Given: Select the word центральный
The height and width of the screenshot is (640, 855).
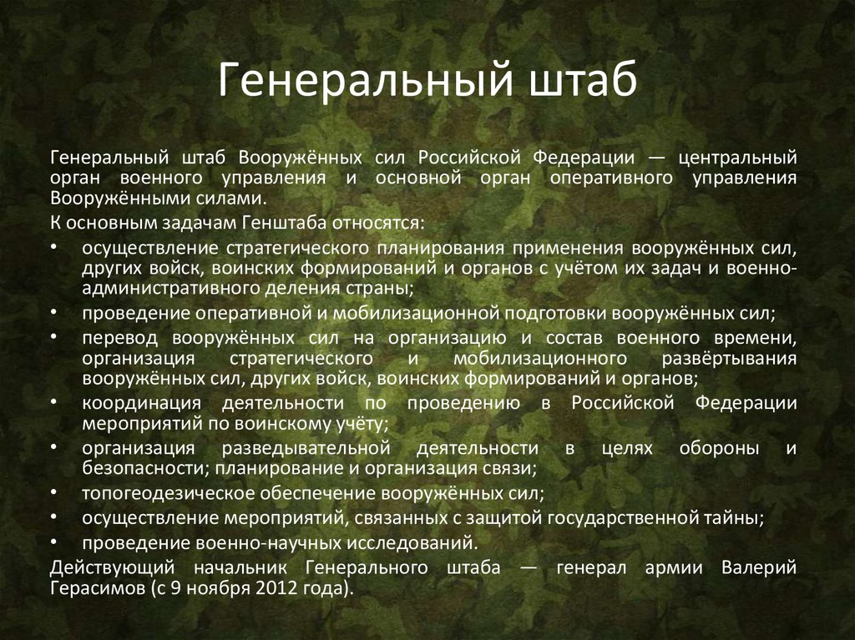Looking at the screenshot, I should point(737,157).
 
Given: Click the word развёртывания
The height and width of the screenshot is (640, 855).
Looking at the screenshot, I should point(732,358).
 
